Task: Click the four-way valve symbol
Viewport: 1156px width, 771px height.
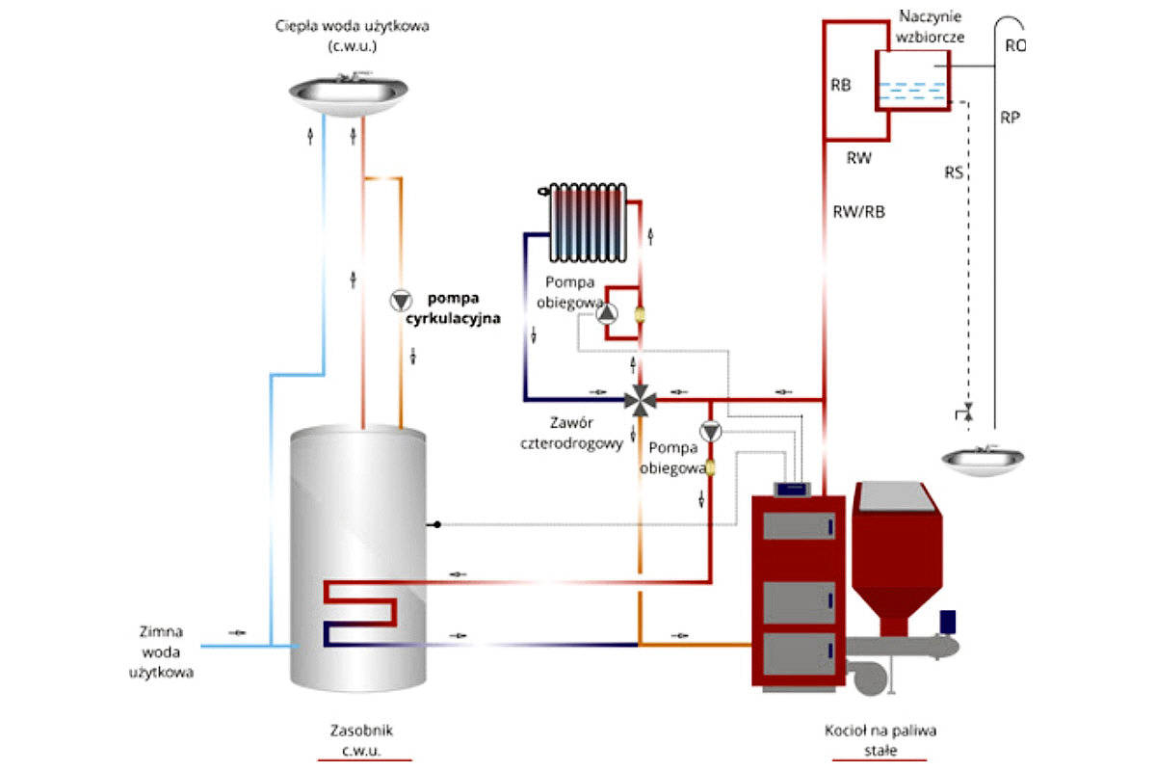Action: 641,400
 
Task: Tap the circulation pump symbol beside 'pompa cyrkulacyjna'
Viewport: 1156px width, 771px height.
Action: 401,301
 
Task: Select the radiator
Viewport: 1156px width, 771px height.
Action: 586,223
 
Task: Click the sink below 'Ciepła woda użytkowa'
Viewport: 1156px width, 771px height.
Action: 349,94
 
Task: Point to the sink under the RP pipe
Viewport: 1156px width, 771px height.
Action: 983,460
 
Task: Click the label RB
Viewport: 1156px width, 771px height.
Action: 841,85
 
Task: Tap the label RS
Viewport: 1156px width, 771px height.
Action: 954,173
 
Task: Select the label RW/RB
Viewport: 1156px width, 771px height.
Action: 858,212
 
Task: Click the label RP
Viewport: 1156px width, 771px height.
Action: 1010,118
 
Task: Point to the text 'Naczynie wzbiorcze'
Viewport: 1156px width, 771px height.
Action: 930,27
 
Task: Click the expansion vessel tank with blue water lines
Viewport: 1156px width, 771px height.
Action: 913,80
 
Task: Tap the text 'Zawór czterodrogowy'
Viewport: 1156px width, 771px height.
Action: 571,434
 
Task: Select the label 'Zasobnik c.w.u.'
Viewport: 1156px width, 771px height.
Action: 361,740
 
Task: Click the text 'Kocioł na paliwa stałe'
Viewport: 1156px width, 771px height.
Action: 880,740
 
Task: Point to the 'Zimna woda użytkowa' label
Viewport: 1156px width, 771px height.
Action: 161,651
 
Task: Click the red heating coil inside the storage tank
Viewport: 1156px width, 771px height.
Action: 360,603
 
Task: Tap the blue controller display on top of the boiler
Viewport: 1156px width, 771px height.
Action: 792,489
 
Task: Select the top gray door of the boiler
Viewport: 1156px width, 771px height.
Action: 799,526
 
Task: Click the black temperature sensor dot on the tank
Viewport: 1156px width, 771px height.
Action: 437,524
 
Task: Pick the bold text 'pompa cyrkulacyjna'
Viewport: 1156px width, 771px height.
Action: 453,308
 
